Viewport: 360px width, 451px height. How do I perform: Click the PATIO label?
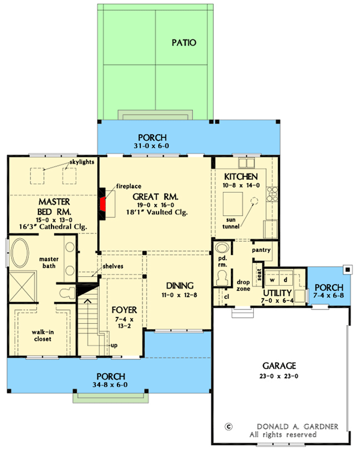click(x=185, y=43)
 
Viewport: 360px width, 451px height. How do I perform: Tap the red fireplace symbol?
click(x=103, y=206)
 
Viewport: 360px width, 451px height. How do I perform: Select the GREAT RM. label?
click(x=155, y=197)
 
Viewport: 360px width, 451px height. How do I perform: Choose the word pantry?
click(x=262, y=250)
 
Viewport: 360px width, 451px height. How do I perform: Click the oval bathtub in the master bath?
click(x=21, y=255)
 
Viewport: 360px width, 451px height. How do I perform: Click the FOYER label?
click(x=122, y=309)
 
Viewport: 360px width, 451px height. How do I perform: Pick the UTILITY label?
click(x=277, y=293)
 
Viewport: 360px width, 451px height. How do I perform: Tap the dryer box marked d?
click(x=287, y=279)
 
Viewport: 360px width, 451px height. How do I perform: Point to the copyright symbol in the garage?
click(x=228, y=427)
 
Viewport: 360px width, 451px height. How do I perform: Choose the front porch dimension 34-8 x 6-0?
click(x=110, y=385)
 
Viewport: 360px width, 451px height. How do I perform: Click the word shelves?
click(x=113, y=266)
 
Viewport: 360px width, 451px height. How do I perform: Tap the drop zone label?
click(x=243, y=285)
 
